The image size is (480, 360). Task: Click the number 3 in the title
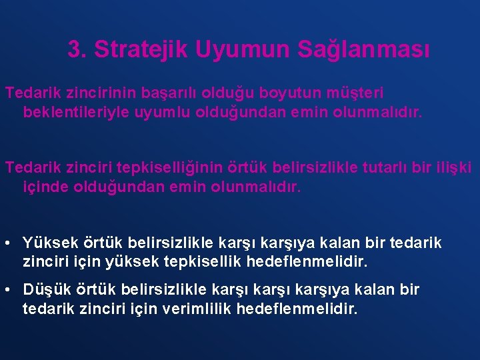[75, 49]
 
